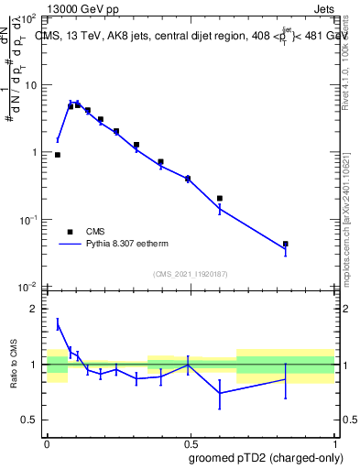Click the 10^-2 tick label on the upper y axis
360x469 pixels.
point(28,287)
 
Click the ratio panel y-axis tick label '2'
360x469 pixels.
point(36,310)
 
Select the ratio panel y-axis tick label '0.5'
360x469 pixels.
point(32,420)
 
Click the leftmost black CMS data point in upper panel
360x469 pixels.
point(58,155)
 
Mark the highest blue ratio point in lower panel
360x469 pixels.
point(58,323)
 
